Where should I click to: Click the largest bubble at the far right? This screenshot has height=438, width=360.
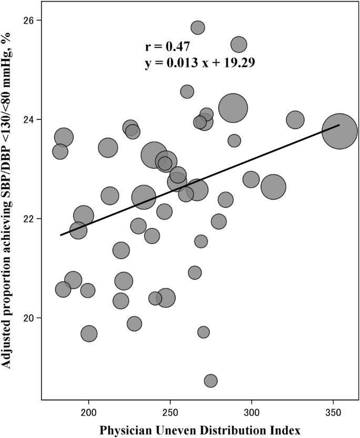click(340, 131)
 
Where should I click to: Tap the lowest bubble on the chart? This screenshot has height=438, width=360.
click(211, 381)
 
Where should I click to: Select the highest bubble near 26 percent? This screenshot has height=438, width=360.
click(198, 27)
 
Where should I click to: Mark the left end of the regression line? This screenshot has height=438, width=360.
click(61, 235)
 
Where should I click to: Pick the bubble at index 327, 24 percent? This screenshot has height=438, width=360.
click(295, 120)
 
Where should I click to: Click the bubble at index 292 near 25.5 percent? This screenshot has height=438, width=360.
click(239, 45)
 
